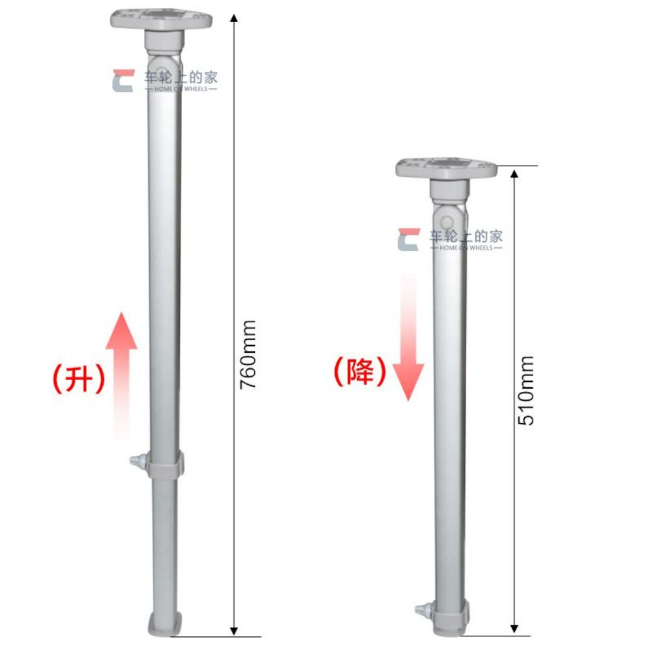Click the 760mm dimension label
[248, 355]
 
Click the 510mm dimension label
[526, 391]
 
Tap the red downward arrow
[408, 337]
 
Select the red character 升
[78, 378]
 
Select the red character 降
[361, 372]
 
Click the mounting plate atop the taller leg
[161, 18]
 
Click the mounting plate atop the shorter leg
[447, 168]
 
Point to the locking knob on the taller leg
[138, 461]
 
